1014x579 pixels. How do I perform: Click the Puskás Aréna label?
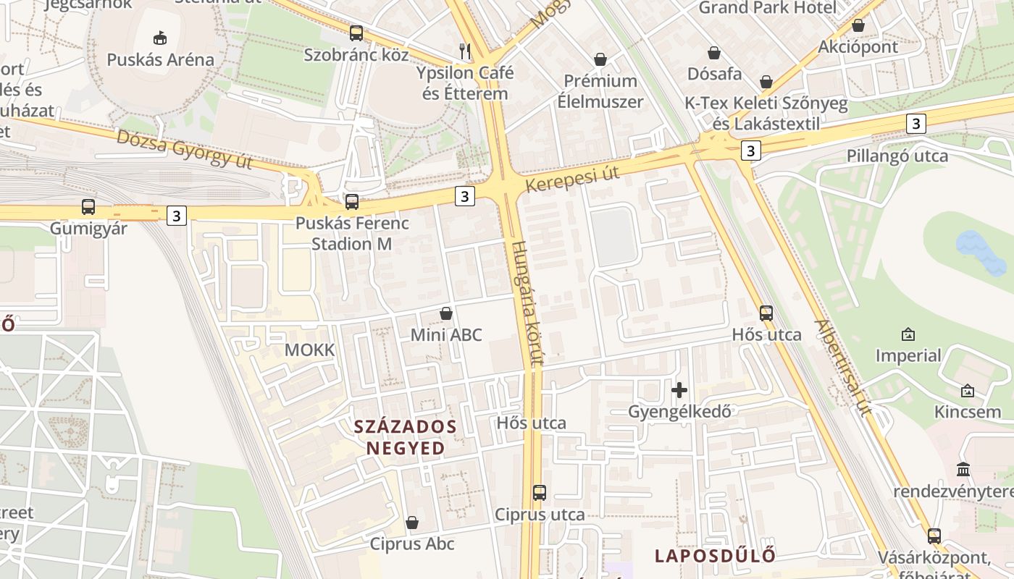click(160, 59)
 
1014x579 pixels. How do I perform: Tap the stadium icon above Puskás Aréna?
click(160, 37)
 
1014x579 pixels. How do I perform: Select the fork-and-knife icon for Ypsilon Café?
click(465, 51)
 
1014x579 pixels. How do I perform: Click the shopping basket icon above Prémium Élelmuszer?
click(600, 59)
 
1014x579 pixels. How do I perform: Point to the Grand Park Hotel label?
click(767, 8)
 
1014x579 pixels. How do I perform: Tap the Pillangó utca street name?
click(897, 156)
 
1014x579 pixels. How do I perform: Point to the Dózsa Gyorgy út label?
click(184, 149)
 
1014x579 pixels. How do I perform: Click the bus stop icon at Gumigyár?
click(88, 207)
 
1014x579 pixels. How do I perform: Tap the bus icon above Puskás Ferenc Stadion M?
click(352, 202)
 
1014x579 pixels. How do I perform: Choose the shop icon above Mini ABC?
click(446, 313)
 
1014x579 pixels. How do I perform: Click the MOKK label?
click(310, 350)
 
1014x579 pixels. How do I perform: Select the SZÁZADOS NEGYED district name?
click(406, 437)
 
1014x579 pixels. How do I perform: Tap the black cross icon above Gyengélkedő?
click(679, 391)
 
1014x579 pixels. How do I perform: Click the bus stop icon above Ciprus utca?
click(540, 493)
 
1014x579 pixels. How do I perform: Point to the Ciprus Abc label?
click(412, 544)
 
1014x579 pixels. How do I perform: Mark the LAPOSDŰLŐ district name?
click(715, 556)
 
